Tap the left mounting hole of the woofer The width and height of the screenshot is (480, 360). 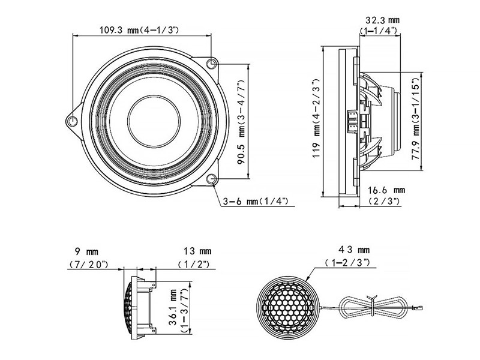coord(73,119)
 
